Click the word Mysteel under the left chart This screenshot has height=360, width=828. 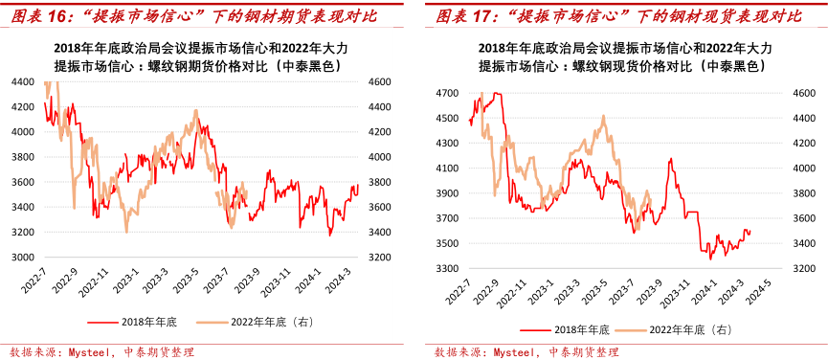(92, 351)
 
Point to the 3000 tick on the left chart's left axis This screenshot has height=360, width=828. (23, 258)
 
